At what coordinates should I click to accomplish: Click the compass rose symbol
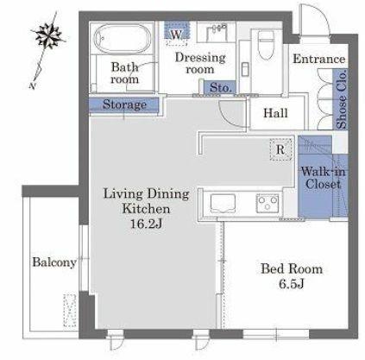tap(47, 35)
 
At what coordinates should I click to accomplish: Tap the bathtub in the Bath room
tap(123, 38)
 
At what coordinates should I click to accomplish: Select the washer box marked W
tap(177, 31)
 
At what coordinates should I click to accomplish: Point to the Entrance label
tap(319, 59)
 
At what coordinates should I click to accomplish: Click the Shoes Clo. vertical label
tap(342, 99)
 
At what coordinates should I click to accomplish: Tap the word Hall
tap(275, 113)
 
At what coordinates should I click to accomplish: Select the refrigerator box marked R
tap(280, 149)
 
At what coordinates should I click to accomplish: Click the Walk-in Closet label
tap(323, 178)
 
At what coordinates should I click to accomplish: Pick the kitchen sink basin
tap(223, 203)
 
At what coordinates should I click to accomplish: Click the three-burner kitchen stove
tap(267, 203)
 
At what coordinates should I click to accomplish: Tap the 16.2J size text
tap(146, 224)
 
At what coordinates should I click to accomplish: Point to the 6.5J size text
tap(292, 284)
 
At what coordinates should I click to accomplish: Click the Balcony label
tap(54, 262)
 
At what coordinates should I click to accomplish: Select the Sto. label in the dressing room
tap(220, 88)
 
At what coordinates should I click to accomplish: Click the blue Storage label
tap(124, 104)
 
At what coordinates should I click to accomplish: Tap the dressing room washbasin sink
tap(217, 32)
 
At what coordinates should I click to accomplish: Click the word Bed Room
tap(292, 268)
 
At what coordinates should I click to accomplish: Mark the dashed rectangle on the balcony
tap(70, 310)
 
